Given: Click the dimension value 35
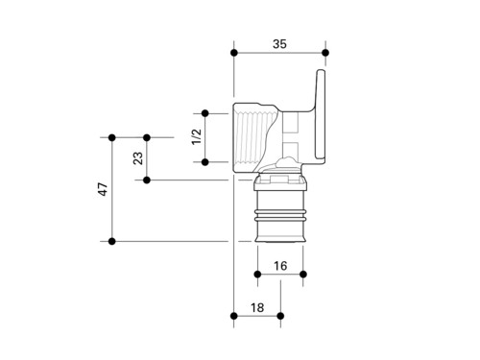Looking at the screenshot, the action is pyautogui.click(x=279, y=44).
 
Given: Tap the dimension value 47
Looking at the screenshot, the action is pyautogui.click(x=103, y=189).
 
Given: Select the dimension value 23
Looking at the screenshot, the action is pyautogui.click(x=138, y=158).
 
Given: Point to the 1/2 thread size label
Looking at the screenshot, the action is pyautogui.click(x=197, y=136).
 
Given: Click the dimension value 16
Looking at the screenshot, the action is pyautogui.click(x=280, y=266).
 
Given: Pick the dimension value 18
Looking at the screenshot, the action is pyautogui.click(x=257, y=308).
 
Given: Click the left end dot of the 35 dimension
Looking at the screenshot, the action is pyautogui.click(x=234, y=53).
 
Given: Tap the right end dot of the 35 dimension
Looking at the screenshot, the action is pyautogui.click(x=325, y=53).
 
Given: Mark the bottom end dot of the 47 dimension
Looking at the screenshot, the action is pyautogui.click(x=111, y=241).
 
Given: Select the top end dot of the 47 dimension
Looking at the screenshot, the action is pyautogui.click(x=111, y=137).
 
